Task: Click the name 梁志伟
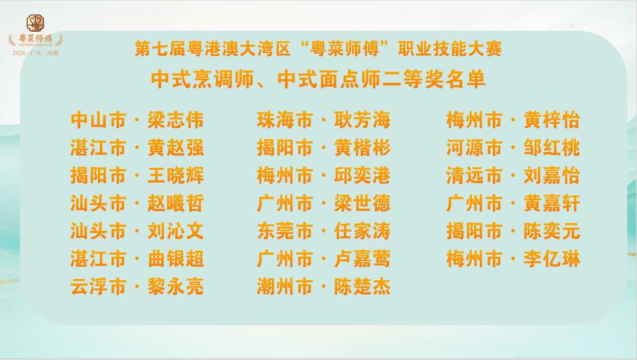[175, 120]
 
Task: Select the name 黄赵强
[175, 148]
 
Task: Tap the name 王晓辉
[175, 175]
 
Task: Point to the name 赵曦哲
[175, 203]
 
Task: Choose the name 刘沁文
[175, 231]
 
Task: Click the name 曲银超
[175, 259]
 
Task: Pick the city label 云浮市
[98, 286]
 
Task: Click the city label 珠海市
[285, 120]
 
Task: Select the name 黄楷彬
[362, 148]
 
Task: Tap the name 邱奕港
[362, 175]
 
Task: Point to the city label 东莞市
[285, 231]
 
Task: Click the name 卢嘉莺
[362, 259]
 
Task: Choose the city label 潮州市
[285, 286]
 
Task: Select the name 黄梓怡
[552, 120]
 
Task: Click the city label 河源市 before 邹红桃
[474, 148]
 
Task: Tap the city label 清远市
[474, 175]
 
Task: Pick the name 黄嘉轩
[552, 203]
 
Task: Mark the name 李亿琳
[552, 259]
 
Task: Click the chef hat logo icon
[35, 22]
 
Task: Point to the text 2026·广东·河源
[35, 53]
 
